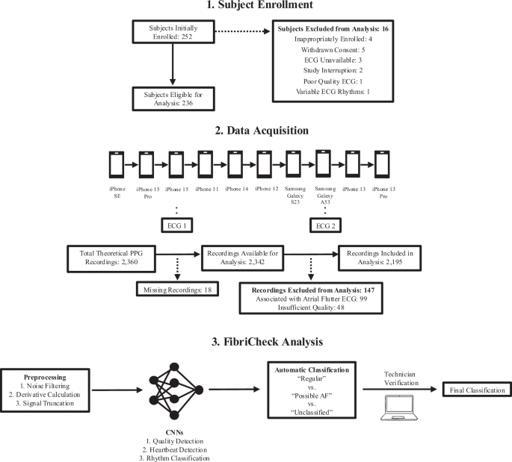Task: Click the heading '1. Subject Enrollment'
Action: pos(256,8)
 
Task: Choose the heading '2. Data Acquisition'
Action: pos(256,131)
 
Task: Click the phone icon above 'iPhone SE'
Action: pos(117,163)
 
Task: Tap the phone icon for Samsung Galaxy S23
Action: pos(294,163)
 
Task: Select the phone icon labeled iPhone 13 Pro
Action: pos(381,163)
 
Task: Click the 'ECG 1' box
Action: pos(176,225)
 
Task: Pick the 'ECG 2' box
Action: pos(324,225)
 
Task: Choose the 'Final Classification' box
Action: pos(474,390)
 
